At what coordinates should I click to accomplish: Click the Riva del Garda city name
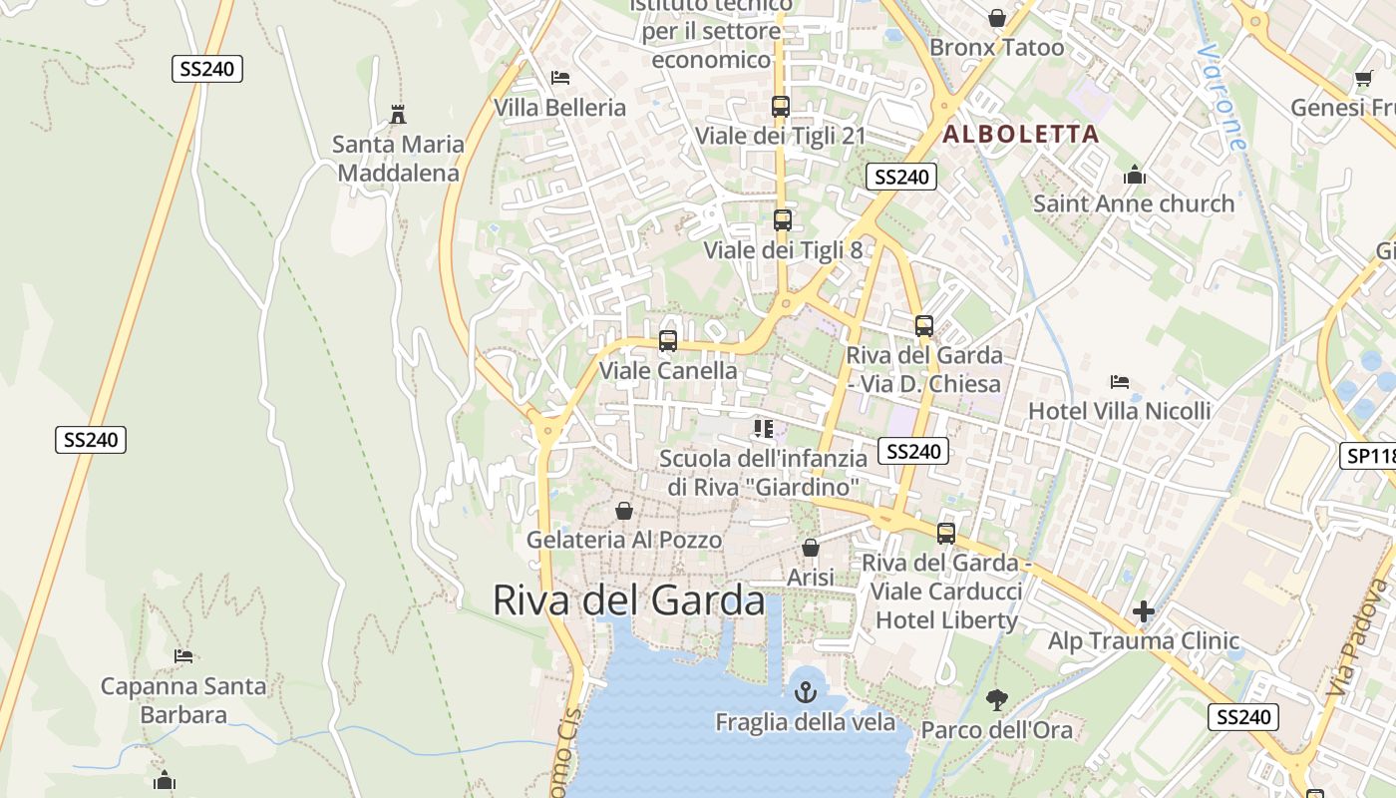(629, 600)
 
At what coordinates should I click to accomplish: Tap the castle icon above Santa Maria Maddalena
(398, 115)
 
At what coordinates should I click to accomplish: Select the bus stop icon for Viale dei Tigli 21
(781, 106)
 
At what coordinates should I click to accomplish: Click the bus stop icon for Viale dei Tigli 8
(783, 220)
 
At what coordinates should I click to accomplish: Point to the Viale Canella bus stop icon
(668, 341)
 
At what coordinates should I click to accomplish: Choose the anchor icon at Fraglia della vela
(805, 691)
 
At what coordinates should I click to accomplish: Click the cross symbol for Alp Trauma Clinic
(1144, 610)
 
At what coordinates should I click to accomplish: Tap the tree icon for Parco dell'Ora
(996, 700)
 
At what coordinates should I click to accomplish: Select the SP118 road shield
(1369, 456)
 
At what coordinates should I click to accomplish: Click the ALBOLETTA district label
(1021, 134)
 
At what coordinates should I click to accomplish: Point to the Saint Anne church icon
(1134, 176)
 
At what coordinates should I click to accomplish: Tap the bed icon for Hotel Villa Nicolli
(1120, 382)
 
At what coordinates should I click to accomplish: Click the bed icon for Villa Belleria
(560, 78)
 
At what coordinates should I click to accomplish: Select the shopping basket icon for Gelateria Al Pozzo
(624, 511)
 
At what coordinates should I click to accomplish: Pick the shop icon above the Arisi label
(811, 548)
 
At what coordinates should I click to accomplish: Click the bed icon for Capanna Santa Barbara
(183, 656)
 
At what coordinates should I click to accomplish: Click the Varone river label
(1223, 96)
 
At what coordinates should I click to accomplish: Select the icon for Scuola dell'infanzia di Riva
(764, 429)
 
